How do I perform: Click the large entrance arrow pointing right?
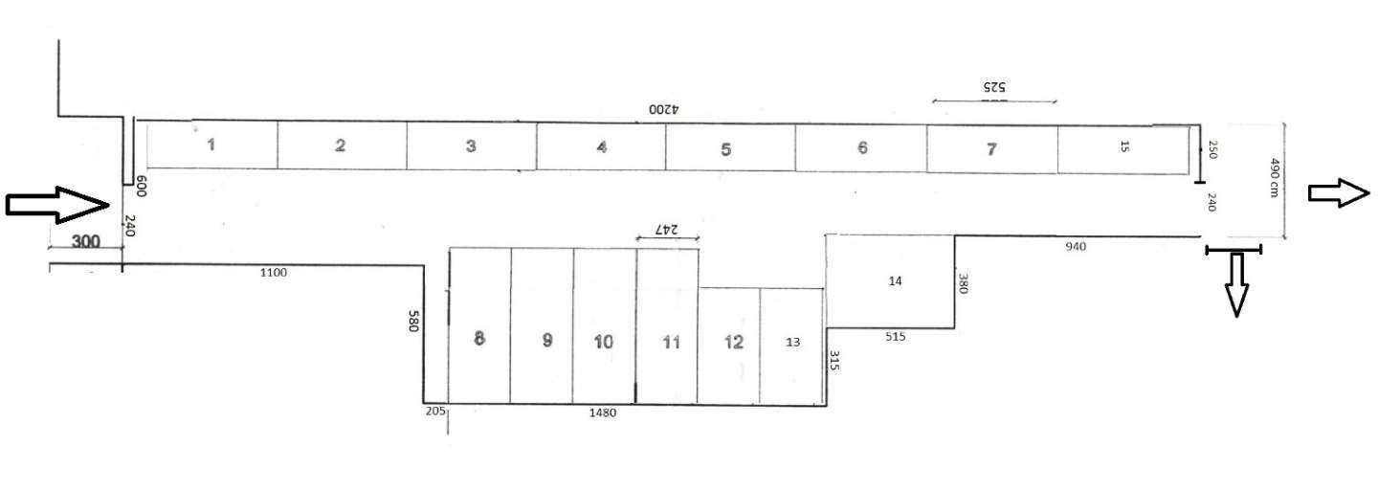57,204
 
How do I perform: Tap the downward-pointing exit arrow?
1236,284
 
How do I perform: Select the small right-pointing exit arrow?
1339,193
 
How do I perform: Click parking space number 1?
211,145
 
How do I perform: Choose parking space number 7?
991,149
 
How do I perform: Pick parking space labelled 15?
1123,150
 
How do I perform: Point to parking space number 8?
479,325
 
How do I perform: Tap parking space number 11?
667,326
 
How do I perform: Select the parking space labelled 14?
890,281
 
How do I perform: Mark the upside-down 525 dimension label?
994,87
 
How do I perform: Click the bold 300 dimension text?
85,241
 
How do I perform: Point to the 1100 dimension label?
273,273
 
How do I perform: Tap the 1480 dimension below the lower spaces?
602,413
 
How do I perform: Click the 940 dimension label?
1076,247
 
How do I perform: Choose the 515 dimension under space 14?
895,337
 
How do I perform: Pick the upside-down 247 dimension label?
666,230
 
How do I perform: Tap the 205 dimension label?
434,411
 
